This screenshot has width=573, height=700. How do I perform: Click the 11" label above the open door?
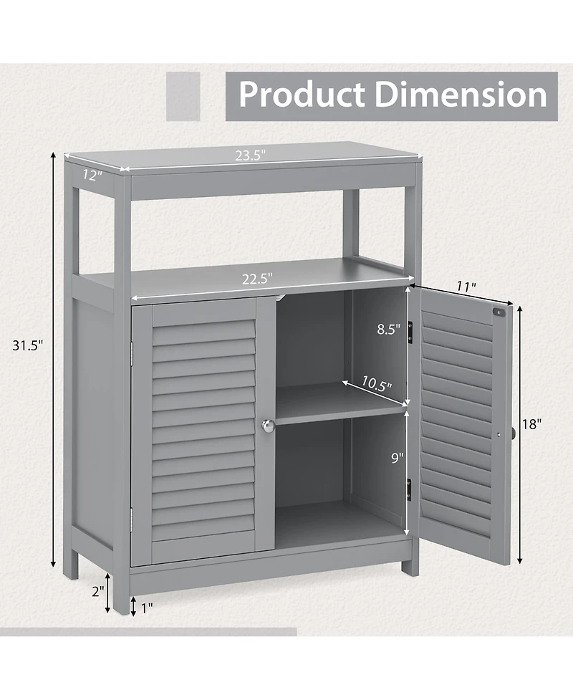(466, 287)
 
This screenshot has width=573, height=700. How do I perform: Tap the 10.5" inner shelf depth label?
(375, 384)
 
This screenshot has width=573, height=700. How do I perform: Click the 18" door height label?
(531, 423)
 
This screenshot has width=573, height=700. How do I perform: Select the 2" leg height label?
(97, 591)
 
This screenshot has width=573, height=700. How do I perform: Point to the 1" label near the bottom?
(147, 608)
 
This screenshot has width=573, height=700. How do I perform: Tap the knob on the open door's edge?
(513, 433)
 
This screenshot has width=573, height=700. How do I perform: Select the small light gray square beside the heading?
(183, 95)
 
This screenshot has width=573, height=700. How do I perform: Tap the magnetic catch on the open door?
(501, 312)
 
